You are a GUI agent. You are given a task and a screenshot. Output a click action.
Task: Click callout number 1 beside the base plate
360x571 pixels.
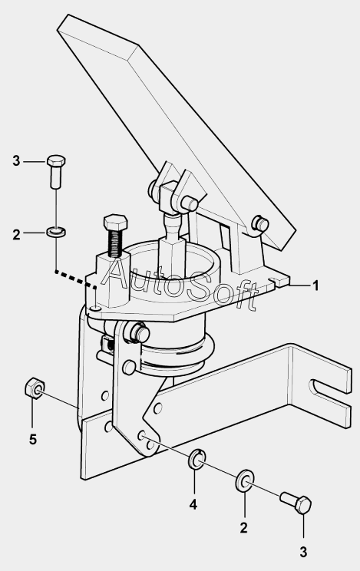tap(315, 285)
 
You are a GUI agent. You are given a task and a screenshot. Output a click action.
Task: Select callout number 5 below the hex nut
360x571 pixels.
tap(33, 440)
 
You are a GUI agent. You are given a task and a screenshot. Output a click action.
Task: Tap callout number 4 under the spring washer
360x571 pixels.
tap(193, 504)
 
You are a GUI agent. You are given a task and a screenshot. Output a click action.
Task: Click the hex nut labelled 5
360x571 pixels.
tap(35, 388)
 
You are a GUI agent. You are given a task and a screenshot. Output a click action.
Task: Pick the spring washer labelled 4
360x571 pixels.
tap(197, 459)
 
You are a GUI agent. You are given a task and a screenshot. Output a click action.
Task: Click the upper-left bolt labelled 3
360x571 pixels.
tap(56, 171)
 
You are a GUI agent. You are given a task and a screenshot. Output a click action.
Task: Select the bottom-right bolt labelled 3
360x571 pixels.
tap(296, 502)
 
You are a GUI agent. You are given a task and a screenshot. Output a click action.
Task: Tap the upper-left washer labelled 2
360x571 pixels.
tap(56, 231)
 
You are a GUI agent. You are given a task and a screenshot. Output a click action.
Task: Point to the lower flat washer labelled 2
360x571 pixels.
tap(245, 480)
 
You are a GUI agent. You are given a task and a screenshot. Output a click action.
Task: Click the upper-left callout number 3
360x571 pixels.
tap(16, 160)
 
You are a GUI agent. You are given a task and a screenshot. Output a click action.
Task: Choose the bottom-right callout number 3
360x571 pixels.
tap(303, 552)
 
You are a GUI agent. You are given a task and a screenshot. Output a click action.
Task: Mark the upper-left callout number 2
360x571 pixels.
tap(16, 235)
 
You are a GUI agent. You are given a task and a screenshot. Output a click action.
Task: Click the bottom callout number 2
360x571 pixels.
tap(244, 527)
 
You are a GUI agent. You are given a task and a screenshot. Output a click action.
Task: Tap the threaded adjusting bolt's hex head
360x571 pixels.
tap(115, 221)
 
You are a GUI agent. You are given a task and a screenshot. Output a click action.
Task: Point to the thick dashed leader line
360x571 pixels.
tap(75, 279)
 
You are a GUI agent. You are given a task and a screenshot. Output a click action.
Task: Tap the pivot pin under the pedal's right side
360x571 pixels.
tap(260, 223)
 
